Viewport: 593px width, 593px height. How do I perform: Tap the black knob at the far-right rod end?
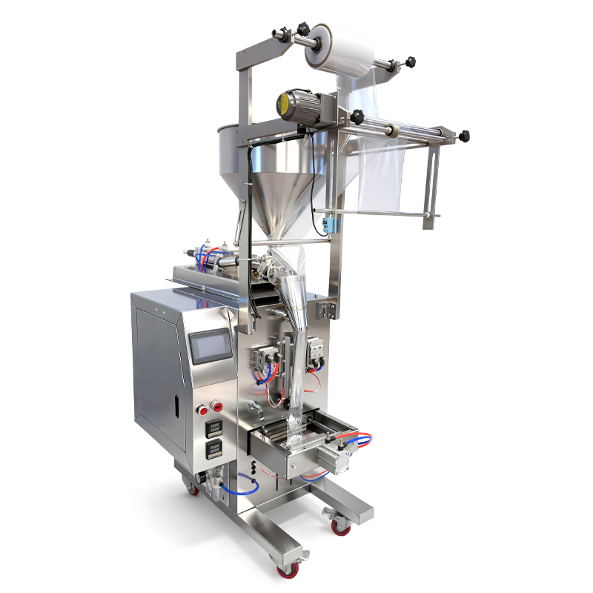coord(465,137)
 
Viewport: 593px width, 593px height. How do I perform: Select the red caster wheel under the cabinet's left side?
coord(193,489)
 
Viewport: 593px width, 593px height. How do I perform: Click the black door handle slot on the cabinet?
coord(176,404)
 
